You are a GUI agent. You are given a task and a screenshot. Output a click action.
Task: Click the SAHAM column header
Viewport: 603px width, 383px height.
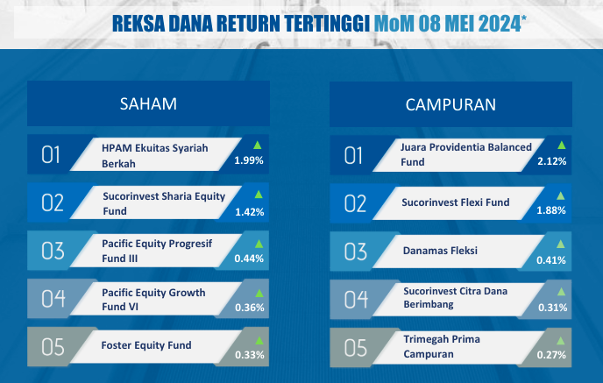tap(148, 103)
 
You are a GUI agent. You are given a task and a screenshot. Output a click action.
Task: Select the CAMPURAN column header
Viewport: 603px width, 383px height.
tap(450, 104)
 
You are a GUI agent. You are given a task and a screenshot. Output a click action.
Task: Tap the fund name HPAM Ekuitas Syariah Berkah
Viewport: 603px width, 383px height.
tap(154, 156)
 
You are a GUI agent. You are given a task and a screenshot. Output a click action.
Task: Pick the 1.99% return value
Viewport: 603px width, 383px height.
tap(249, 160)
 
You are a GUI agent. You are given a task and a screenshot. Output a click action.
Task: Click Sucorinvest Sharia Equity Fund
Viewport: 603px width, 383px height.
tap(164, 203)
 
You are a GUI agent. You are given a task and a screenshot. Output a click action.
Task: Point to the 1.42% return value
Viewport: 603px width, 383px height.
tap(249, 212)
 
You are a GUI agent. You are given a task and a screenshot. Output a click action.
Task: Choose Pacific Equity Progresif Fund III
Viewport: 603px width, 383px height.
tap(157, 251)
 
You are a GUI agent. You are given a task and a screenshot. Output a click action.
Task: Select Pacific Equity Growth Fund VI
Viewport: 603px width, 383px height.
tap(153, 299)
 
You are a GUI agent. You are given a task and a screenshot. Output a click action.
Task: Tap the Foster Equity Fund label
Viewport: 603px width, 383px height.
tap(146, 345)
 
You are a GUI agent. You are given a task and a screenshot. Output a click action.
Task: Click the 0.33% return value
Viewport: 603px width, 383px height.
tap(250, 355)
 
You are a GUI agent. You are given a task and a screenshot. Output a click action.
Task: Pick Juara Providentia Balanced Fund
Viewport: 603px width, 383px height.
tap(466, 154)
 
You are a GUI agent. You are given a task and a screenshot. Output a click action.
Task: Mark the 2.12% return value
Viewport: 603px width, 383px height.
tap(552, 161)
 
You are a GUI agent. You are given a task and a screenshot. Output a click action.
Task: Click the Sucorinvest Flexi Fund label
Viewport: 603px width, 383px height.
tap(456, 202)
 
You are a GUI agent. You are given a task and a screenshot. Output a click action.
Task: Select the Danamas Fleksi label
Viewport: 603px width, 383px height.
tap(440, 251)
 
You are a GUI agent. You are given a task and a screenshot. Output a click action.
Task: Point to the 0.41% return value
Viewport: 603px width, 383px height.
tap(551, 260)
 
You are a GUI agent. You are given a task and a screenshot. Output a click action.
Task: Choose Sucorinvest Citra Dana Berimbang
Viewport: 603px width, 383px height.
tap(456, 298)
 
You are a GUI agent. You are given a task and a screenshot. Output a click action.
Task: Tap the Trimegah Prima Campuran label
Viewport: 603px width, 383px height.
tap(442, 346)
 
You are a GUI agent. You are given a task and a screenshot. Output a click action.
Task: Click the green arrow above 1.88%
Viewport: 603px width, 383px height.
tap(561, 196)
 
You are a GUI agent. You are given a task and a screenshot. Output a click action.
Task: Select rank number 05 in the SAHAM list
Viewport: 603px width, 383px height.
tap(53, 347)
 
